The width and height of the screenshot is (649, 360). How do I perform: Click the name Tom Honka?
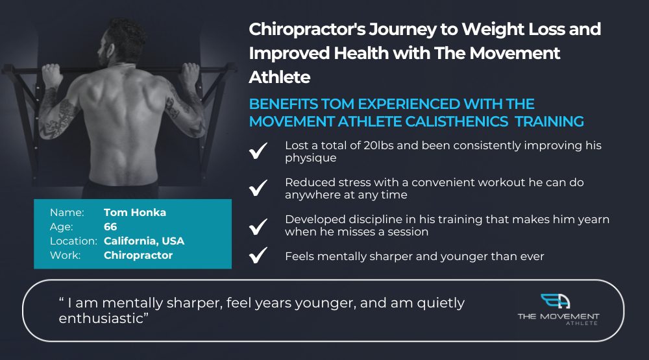(135, 212)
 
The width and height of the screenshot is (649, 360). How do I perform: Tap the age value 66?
(110, 227)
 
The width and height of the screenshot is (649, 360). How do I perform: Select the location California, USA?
(144, 241)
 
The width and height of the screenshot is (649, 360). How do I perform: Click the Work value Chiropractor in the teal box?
(138, 256)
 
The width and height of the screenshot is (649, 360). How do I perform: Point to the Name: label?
(67, 213)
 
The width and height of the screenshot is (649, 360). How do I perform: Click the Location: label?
(74, 241)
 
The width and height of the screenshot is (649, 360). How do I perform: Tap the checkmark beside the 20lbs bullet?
(258, 150)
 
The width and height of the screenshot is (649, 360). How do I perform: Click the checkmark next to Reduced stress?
(258, 187)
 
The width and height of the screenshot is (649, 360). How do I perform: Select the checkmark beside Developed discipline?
(258, 226)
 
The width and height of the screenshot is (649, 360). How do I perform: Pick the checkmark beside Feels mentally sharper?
(258, 255)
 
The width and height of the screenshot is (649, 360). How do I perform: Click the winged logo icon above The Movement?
(556, 301)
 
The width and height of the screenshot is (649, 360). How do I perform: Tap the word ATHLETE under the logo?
(582, 323)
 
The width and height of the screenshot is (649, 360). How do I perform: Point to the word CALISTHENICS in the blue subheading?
(456, 122)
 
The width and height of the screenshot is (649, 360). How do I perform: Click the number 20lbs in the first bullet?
(378, 146)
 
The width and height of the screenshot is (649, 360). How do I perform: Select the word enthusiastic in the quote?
(101, 318)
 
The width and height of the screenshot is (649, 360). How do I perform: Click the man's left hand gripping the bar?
(53, 75)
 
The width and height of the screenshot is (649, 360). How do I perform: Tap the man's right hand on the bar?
(190, 74)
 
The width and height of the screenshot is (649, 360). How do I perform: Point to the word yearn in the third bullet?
(591, 220)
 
